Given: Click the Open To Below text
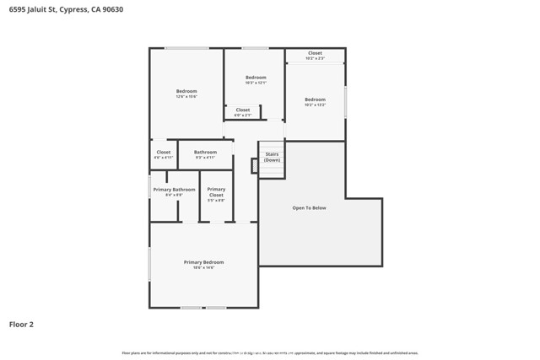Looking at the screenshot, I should coord(309,207).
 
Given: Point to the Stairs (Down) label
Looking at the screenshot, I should coord(272,157).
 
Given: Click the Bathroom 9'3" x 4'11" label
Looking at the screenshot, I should coord(205,154).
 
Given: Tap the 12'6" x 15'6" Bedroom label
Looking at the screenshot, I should coord(186,93).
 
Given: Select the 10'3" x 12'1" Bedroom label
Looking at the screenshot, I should coord(256,79).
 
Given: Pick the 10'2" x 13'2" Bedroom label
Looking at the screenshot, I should coord(315,101).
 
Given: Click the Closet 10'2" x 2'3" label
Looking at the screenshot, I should coord(315,56).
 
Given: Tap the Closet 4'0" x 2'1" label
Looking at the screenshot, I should coord(243,112).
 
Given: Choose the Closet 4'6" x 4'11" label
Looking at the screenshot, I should coord(163,154).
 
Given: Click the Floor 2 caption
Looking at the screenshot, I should coord(21,324).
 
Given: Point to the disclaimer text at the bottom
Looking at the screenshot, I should coord(270,352).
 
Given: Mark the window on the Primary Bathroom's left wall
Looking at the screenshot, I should coord(150,186).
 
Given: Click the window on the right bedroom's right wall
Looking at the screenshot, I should coord(345,101).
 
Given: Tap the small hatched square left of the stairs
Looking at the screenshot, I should coord(254,165).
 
